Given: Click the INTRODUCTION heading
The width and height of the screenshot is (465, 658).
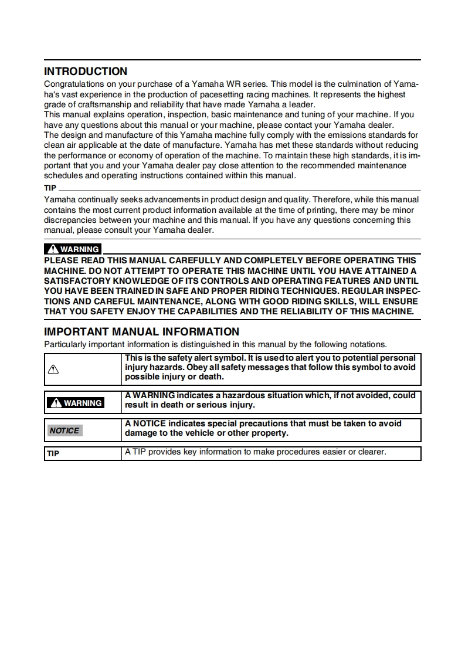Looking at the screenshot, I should tap(86, 72).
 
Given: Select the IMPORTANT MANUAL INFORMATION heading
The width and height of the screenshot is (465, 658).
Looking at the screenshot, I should tap(142, 332).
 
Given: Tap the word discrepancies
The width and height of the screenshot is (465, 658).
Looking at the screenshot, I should tap(70, 221).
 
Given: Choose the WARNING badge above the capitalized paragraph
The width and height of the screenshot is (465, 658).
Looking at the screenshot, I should tap(73, 249).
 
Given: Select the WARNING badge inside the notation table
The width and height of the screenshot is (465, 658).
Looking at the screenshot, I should tap(76, 403).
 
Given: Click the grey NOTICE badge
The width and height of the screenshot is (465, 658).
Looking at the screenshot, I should tap(65, 430).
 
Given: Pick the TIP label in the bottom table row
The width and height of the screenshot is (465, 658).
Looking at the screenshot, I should tap(53, 454).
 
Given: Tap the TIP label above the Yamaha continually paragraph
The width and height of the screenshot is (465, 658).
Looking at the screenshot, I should tap(50, 188).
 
